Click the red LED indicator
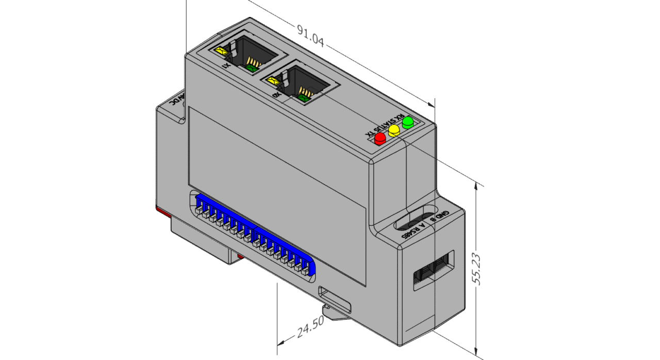[381, 138]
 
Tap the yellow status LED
[394, 130]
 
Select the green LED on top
[408, 123]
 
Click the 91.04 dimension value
[310, 36]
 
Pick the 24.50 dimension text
[310, 328]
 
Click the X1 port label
[225, 67]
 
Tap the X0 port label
[276, 95]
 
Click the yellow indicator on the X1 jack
[221, 51]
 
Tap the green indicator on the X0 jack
[304, 97]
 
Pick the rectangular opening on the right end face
[434, 270]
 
